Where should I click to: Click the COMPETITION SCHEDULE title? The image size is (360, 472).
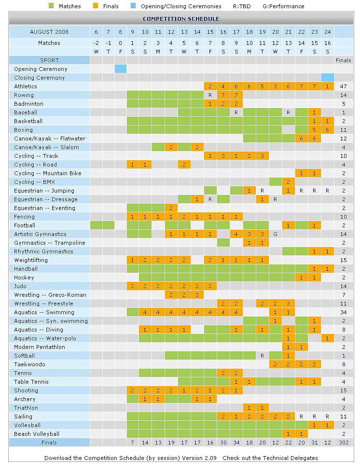tap(181, 19)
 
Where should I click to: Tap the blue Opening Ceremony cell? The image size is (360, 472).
tap(121, 69)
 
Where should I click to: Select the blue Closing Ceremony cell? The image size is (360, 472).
tap(327, 78)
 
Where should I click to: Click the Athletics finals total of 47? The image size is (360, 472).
tap(344, 86)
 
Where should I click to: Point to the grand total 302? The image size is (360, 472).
tap(344, 443)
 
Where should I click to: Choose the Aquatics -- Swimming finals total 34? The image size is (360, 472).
tap(344, 312)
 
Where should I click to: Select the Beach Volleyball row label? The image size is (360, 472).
tap(37, 434)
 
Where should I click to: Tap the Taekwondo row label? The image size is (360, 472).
tap(29, 364)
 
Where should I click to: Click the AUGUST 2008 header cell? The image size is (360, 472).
tap(49, 32)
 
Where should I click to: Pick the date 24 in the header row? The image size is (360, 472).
tap(327, 32)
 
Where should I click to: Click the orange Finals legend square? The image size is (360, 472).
tap(96, 6)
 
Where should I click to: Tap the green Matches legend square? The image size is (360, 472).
tap(52, 6)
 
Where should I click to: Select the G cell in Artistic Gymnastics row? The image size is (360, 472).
tap(275, 234)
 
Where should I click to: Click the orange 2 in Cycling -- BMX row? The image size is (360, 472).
tap(288, 182)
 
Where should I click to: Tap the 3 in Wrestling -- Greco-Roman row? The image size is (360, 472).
tap(197, 295)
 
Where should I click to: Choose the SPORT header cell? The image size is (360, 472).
tap(49, 60)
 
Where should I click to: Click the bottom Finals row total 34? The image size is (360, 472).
tap(236, 443)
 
